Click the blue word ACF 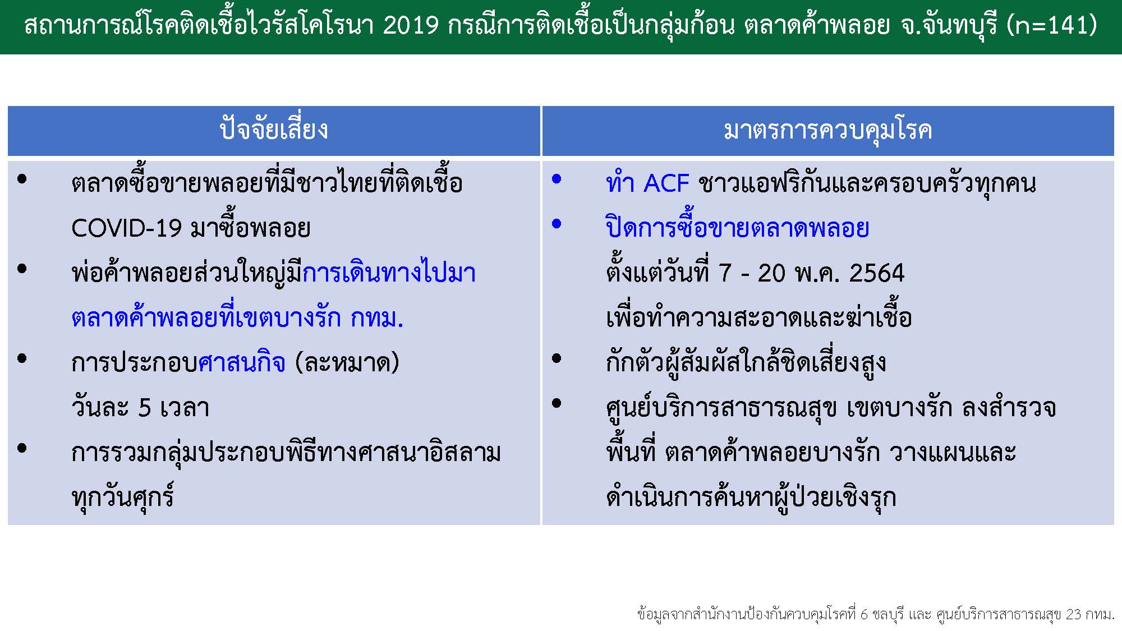point(666,183)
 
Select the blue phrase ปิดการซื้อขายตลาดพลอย point(738,227)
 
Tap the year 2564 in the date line point(877,273)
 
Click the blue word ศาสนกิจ point(242,363)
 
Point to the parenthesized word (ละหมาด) point(347,363)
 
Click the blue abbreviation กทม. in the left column point(377,318)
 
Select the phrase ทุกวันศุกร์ point(123,496)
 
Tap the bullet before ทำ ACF point(557,179)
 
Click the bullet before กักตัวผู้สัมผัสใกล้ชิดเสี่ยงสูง point(557,358)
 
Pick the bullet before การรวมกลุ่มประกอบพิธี point(22,448)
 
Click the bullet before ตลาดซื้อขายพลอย point(22,179)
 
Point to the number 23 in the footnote point(1073,614)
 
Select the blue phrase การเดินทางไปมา point(389,272)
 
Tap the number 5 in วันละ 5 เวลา point(145,408)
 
